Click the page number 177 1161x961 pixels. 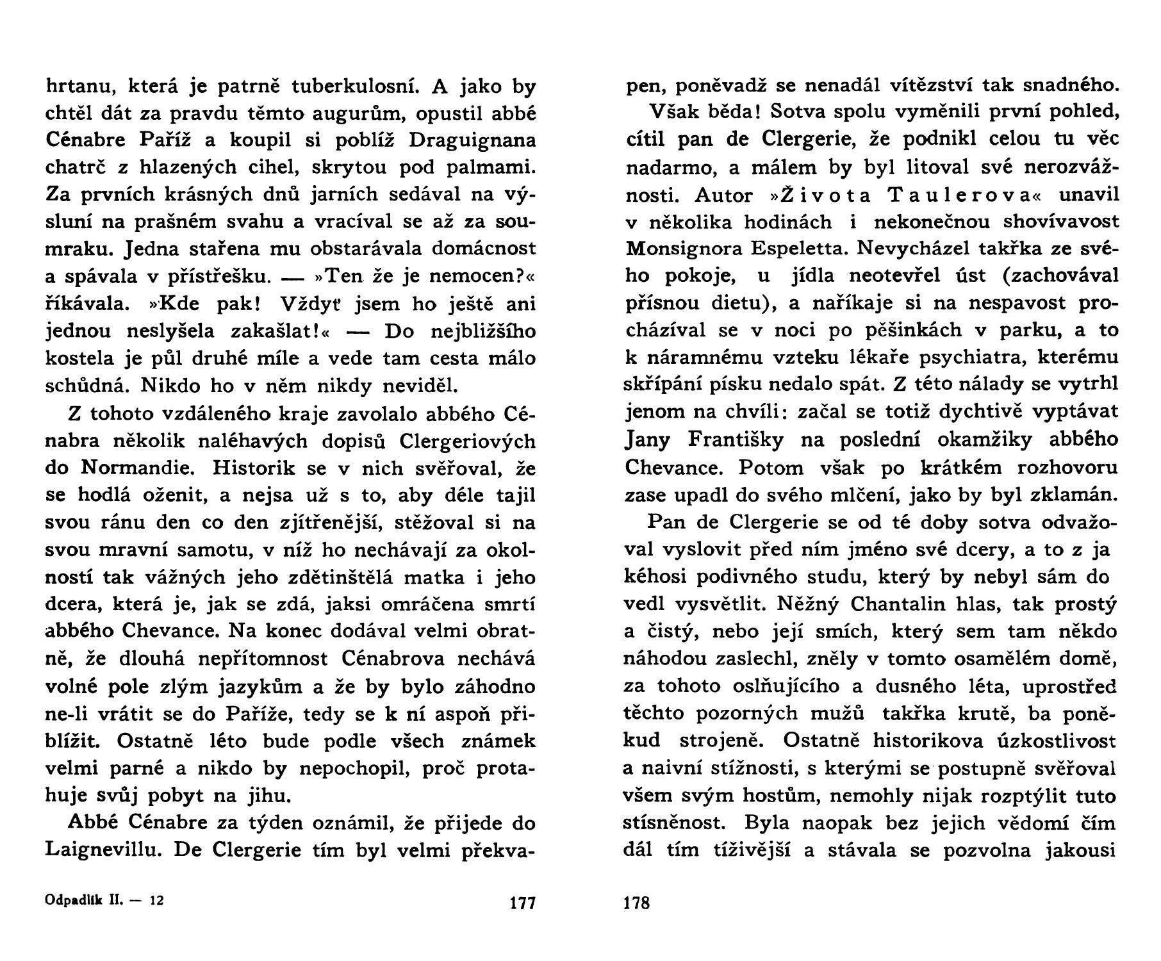point(522,903)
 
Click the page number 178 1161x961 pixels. point(636,903)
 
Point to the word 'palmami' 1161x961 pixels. point(491,168)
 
